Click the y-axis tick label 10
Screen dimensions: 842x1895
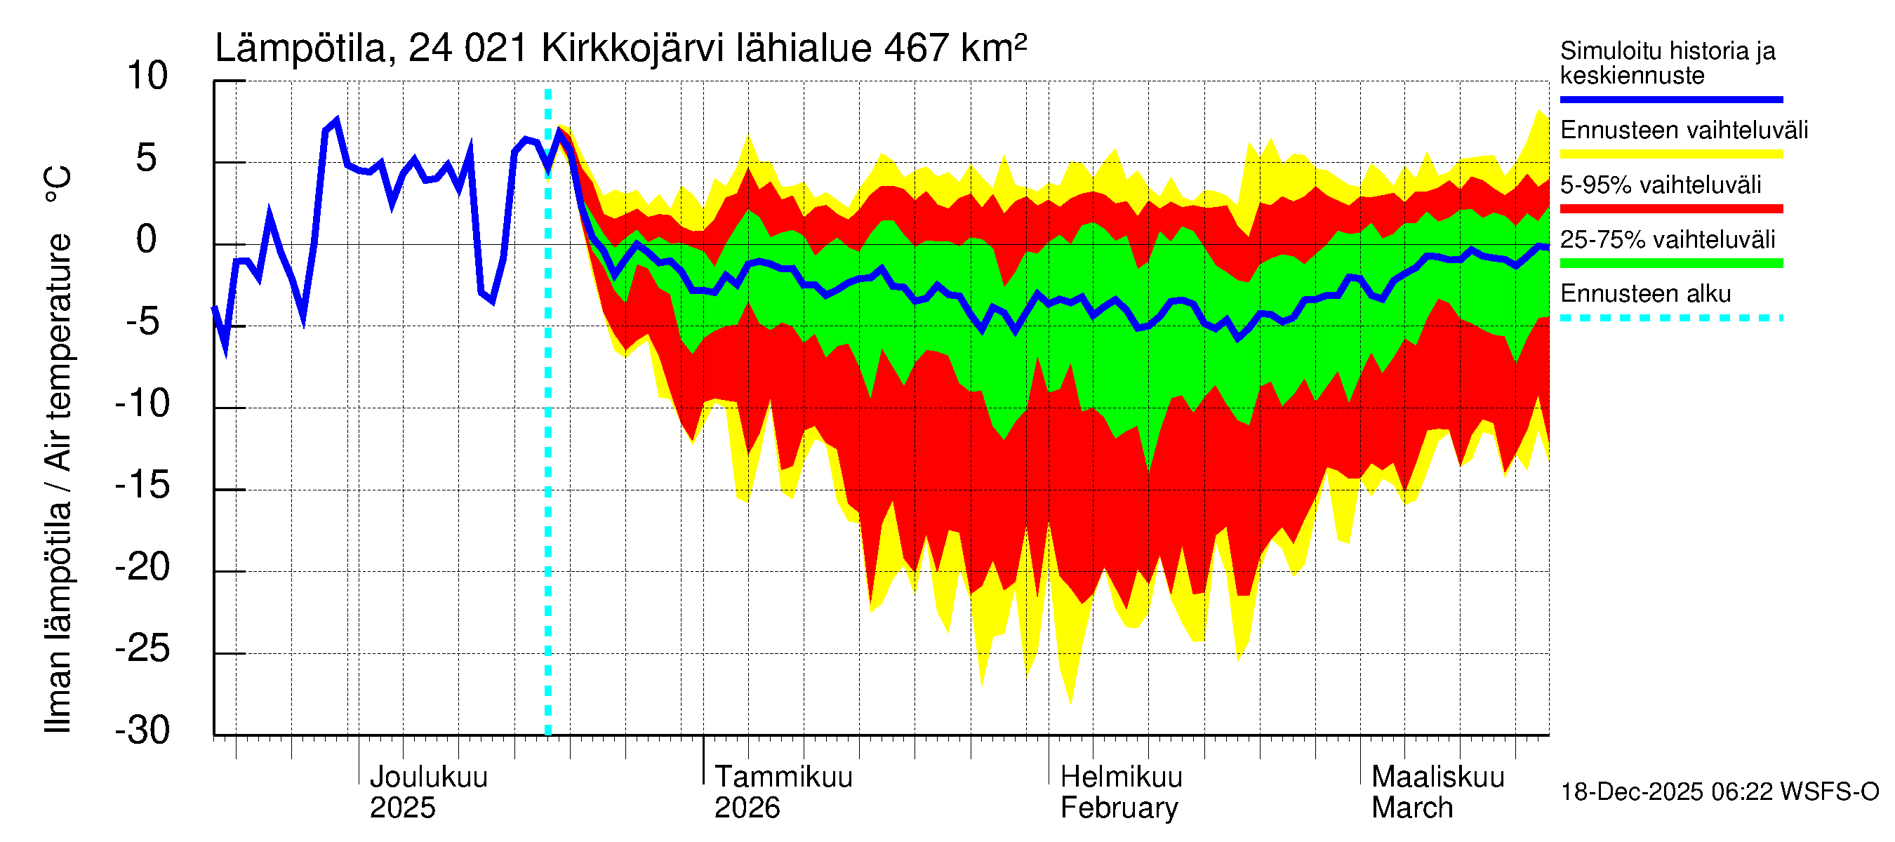[147, 76]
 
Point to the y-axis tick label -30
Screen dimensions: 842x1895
[142, 730]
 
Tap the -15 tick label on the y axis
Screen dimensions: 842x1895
[142, 486]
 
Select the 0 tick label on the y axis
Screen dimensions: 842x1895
[147, 240]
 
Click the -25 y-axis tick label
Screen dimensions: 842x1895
[142, 648]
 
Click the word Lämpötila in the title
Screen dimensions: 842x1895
[301, 48]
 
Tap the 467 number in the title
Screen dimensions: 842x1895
[917, 48]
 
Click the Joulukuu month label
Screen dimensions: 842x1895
[428, 777]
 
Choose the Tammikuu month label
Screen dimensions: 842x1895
[783, 777]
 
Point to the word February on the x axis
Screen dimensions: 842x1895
[1119, 808]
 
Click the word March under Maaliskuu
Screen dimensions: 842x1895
[1412, 808]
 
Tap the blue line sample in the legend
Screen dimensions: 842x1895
[1671, 99]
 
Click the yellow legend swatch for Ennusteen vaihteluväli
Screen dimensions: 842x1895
[1671, 154]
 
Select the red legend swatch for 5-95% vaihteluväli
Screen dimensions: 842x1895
[1671, 209]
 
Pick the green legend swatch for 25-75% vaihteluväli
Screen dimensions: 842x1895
[1671, 263]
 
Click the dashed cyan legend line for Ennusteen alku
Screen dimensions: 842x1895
[1671, 319]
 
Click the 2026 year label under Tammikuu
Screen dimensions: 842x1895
[747, 808]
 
